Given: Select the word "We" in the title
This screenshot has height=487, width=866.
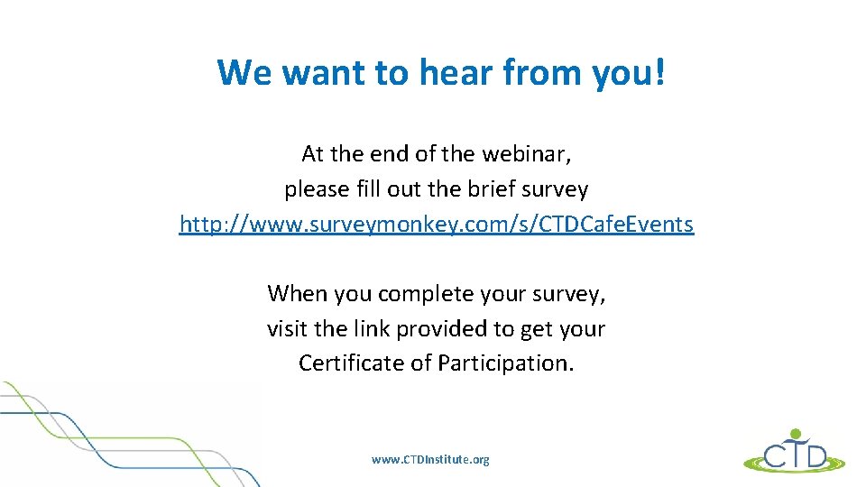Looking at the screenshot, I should (245, 72).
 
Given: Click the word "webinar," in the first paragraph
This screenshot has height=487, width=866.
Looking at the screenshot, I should (527, 154).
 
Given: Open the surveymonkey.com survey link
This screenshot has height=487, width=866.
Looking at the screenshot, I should (437, 225).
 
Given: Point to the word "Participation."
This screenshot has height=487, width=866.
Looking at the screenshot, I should (505, 363).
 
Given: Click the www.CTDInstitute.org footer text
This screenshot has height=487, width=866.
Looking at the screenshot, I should (430, 460).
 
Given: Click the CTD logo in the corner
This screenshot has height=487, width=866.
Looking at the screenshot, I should (795, 453).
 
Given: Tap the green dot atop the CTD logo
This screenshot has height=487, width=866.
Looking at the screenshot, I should (795, 433).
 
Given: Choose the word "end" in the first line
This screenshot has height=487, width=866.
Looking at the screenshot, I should (392, 154).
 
